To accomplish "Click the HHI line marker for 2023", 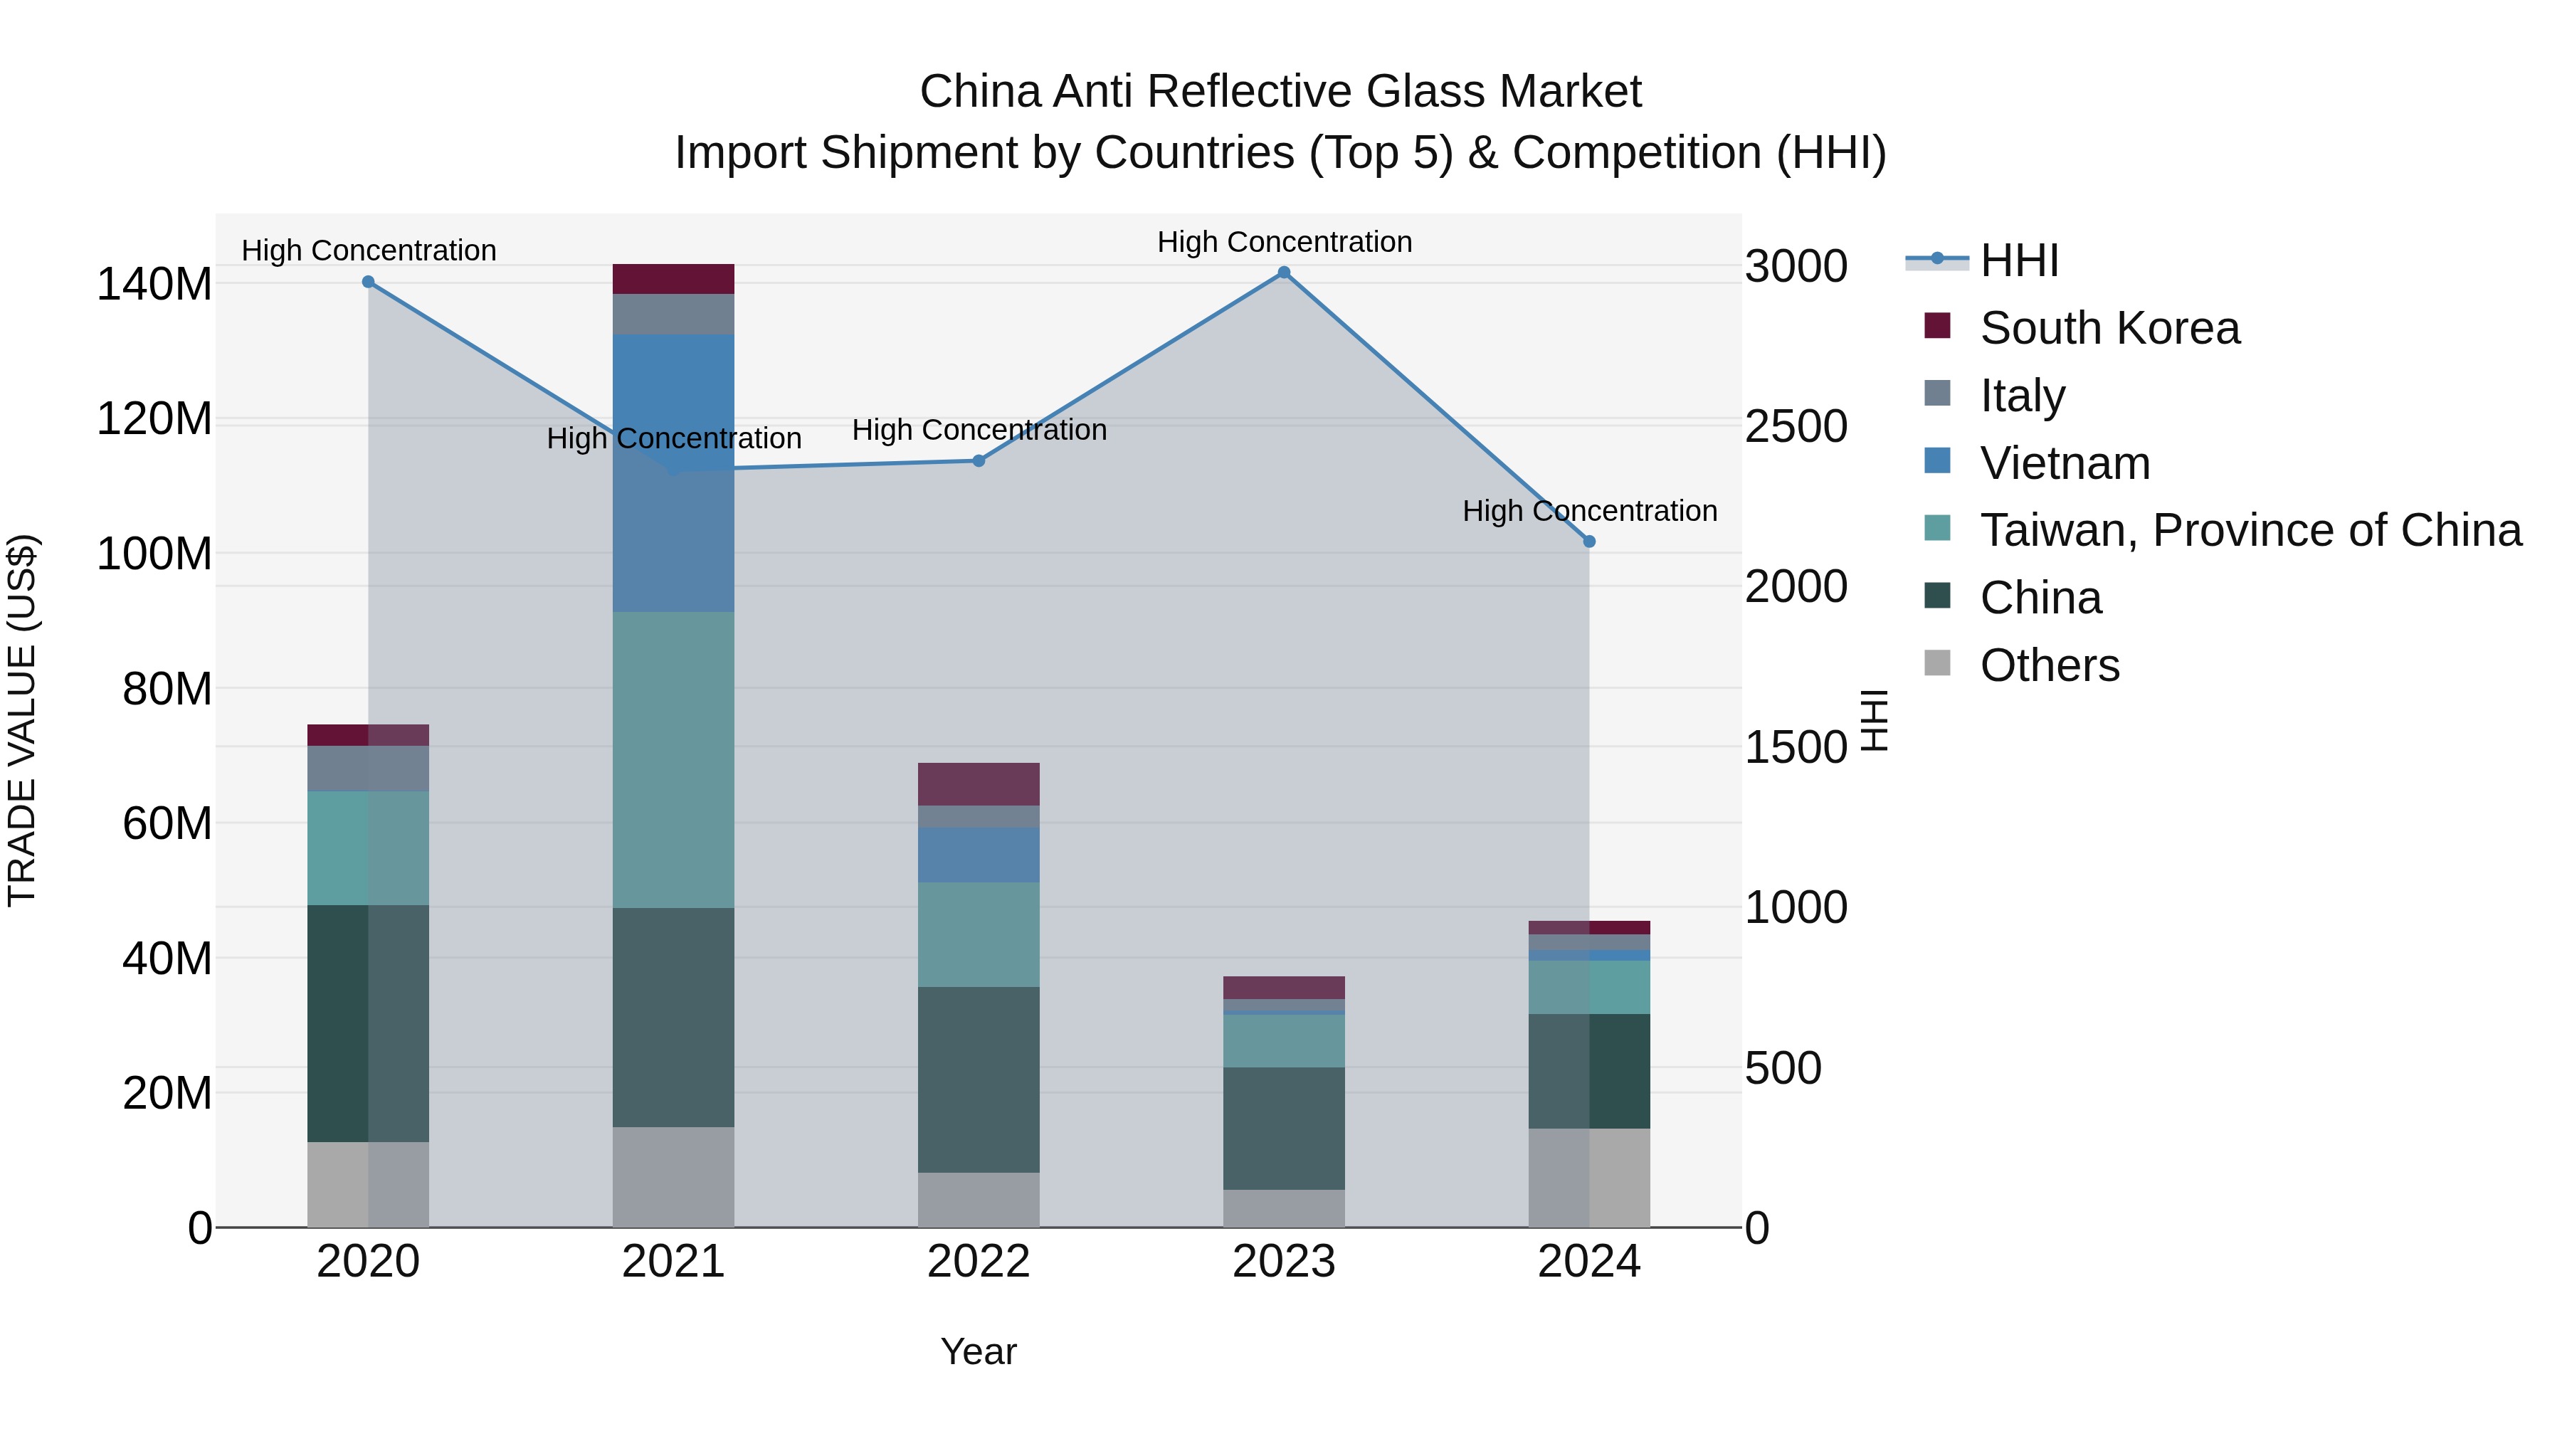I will pyautogui.click(x=1283, y=273).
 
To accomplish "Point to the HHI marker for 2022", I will pyautogui.click(x=978, y=460).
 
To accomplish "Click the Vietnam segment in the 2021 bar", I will pyautogui.click(x=673, y=473).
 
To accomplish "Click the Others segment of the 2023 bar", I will pyautogui.click(x=1283, y=1208).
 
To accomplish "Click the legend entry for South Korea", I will pyautogui.click(x=2109, y=328).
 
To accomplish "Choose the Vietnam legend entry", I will pyautogui.click(x=2065, y=463).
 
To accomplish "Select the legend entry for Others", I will pyautogui.click(x=2049, y=665).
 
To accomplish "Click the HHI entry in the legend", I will pyautogui.click(x=2018, y=260).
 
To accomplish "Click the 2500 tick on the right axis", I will pyautogui.click(x=1796, y=427).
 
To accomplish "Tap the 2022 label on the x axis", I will pyautogui.click(x=978, y=1262).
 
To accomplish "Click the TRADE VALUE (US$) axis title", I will pyautogui.click(x=22, y=720).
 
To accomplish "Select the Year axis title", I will pyautogui.click(x=978, y=1351).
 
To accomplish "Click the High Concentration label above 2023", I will pyautogui.click(x=1283, y=242).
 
